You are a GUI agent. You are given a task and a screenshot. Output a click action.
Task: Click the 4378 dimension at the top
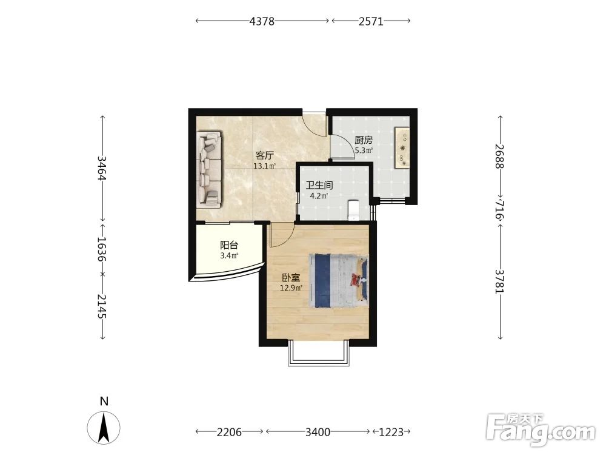pyautogui.click(x=262, y=21)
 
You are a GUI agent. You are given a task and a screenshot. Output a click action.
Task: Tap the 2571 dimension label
pyautogui.click(x=371, y=21)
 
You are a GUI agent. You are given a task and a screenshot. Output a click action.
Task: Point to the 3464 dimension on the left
pyautogui.click(x=102, y=168)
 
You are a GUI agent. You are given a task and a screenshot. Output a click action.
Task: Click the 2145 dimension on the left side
pyautogui.click(x=102, y=306)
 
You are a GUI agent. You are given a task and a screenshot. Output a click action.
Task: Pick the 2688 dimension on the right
pyautogui.click(x=500, y=157)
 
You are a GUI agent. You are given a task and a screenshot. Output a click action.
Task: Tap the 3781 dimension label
pyautogui.click(x=500, y=281)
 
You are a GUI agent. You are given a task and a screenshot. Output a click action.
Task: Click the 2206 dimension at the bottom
pyautogui.click(x=229, y=432)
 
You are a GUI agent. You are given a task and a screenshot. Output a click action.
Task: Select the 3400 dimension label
pyautogui.click(x=318, y=432)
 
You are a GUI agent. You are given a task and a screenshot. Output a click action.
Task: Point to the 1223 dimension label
pyautogui.click(x=391, y=432)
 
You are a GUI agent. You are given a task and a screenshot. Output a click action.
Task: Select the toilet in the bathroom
pyautogui.click(x=354, y=210)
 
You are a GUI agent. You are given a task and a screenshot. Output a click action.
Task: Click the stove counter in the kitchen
pyautogui.click(x=402, y=147)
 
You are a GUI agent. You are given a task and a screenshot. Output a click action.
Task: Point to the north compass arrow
pyautogui.click(x=104, y=428)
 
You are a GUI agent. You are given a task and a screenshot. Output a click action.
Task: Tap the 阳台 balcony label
pyautogui.click(x=229, y=245)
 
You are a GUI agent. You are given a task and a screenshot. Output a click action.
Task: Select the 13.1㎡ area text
pyautogui.click(x=264, y=166)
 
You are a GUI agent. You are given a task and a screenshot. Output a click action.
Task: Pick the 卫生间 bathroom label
pyautogui.click(x=319, y=185)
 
